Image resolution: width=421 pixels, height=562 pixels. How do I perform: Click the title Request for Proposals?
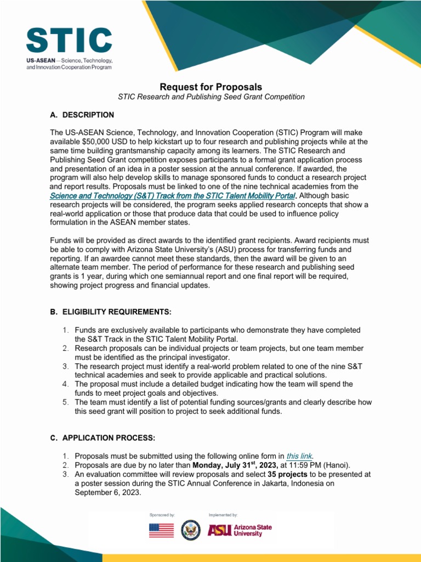(210, 87)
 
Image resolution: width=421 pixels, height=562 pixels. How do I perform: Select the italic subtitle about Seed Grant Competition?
(211, 97)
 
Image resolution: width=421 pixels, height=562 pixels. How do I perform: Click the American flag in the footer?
(161, 530)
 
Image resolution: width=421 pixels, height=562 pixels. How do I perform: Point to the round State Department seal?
(191, 530)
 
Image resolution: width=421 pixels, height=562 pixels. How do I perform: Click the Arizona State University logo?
(239, 530)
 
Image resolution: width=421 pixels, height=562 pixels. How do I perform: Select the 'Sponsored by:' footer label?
(162, 515)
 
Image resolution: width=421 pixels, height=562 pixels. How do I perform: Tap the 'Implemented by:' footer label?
(223, 515)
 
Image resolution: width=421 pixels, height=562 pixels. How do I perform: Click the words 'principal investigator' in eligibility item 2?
(192, 357)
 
